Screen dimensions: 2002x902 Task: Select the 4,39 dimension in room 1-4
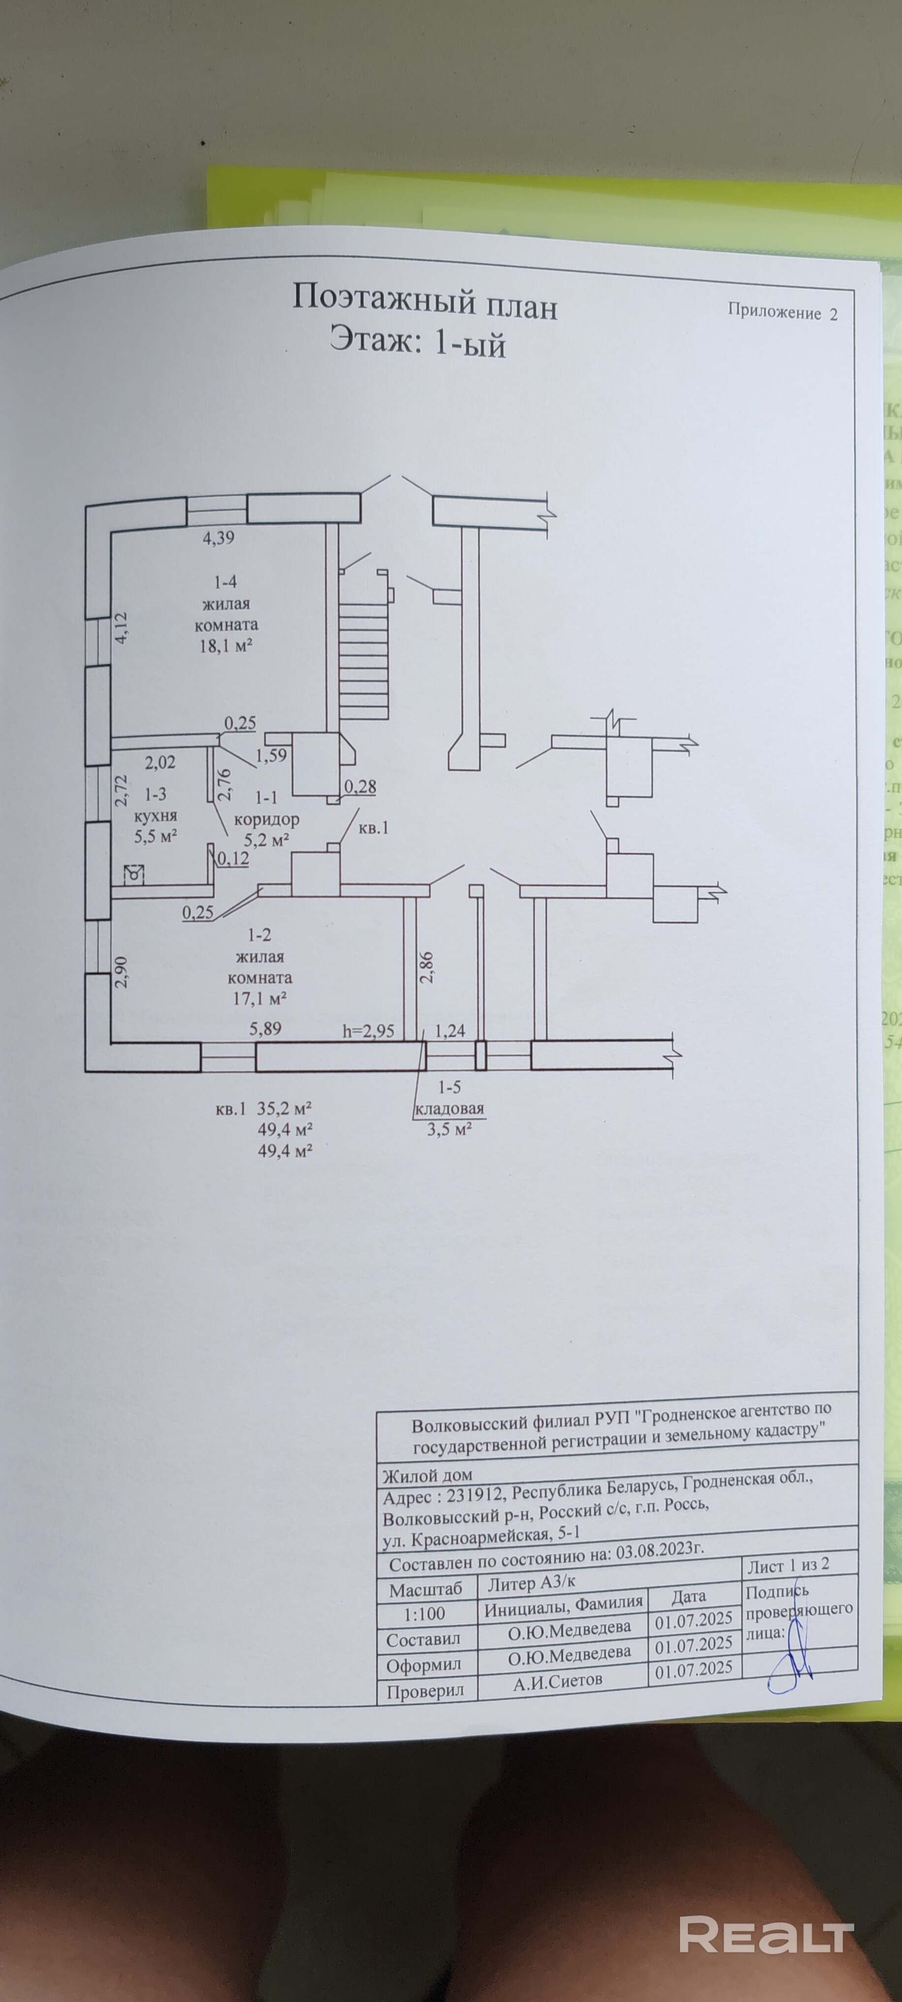click(x=218, y=537)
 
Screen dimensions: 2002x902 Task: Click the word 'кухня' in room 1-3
click(x=156, y=816)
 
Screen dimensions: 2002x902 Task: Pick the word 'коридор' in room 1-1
click(x=266, y=819)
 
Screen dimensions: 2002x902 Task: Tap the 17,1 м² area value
click(x=261, y=998)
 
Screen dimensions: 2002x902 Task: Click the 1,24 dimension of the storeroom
click(x=450, y=1032)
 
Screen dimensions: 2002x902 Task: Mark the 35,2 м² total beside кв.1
click(x=285, y=1109)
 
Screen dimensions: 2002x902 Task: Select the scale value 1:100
click(x=425, y=1613)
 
